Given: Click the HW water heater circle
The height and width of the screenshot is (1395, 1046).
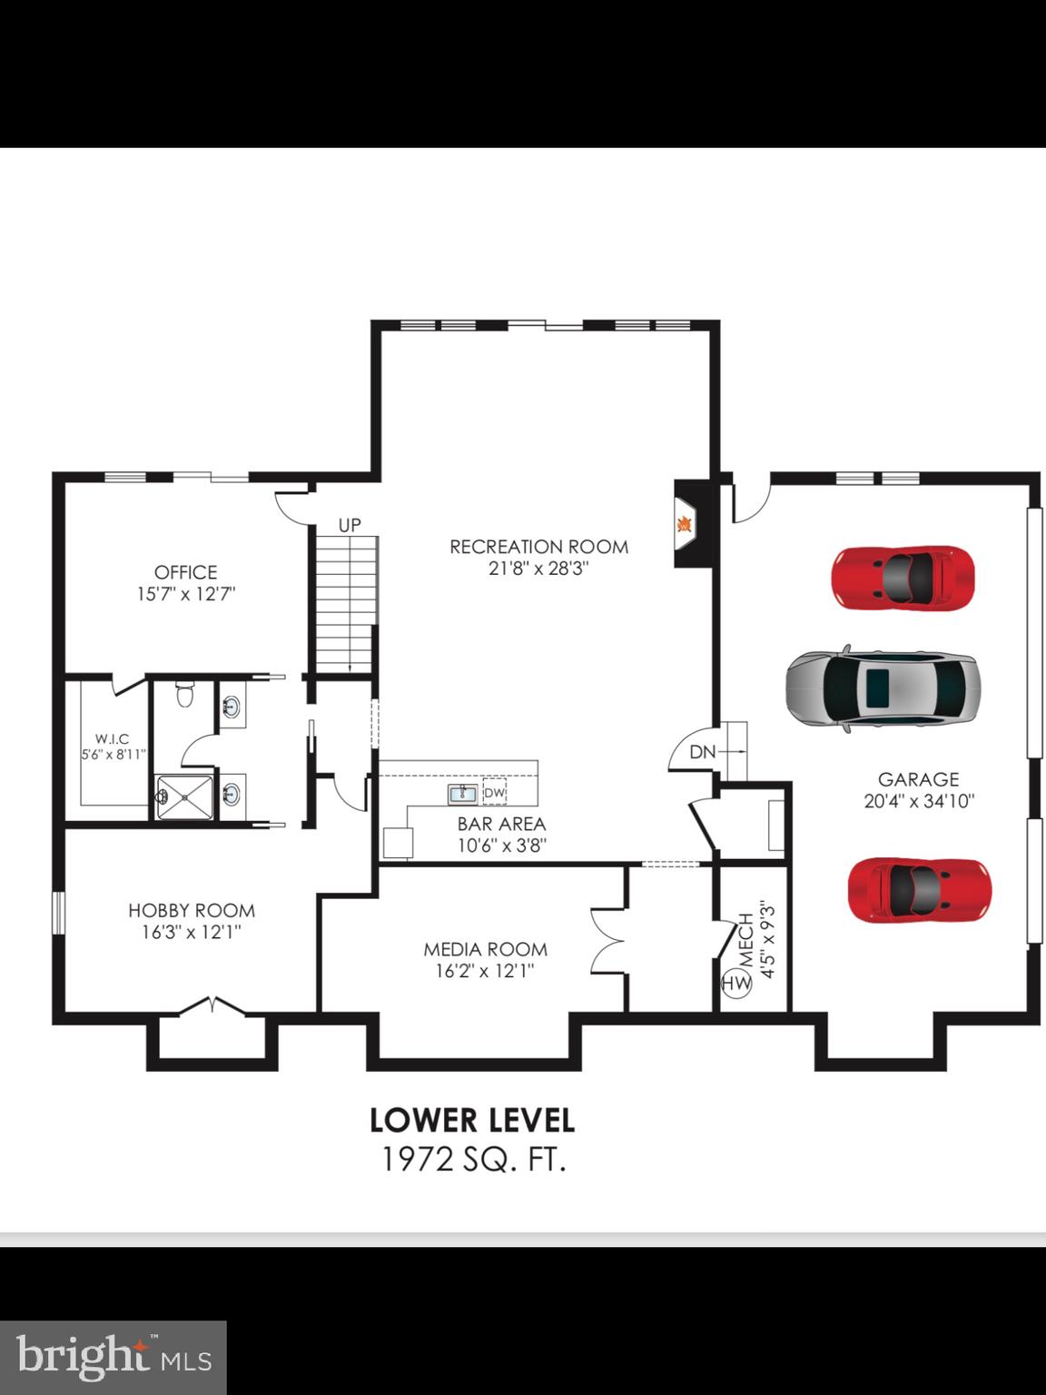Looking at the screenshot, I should pos(735,982).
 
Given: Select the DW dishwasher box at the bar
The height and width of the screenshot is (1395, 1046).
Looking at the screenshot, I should pos(494,793).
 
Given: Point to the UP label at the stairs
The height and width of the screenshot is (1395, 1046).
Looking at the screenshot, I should pos(350,525).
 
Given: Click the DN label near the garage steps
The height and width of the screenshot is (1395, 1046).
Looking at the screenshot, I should pos(702,752).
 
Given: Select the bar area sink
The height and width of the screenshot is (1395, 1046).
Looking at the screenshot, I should pos(463,794).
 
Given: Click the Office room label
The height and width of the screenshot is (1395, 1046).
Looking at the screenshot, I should pos(186,572).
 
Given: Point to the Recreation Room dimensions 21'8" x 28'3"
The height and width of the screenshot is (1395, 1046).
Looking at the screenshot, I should pos(539,569).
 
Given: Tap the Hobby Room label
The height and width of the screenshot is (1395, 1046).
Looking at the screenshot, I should pos(192,910).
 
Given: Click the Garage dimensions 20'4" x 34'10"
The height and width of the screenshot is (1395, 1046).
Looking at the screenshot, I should pos(918,802).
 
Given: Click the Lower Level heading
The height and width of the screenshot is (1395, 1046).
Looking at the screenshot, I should pos(472,1120).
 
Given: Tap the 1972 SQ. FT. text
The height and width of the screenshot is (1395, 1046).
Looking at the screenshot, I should pos(474,1160).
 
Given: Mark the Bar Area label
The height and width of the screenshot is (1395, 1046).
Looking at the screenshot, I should pos(501,824).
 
